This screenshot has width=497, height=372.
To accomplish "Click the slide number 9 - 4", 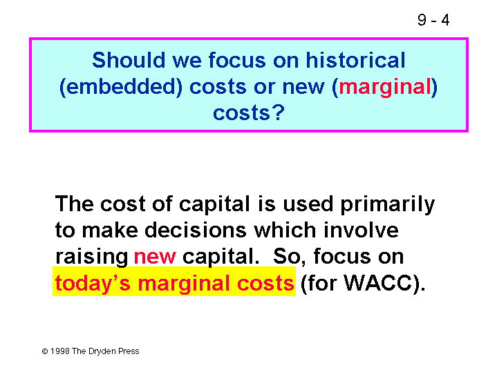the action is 433,20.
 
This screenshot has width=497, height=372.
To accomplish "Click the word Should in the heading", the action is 129,60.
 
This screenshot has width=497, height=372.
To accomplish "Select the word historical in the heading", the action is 355,60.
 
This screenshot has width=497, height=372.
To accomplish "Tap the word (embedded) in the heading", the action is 121,87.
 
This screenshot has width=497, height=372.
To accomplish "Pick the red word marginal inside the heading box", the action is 385,88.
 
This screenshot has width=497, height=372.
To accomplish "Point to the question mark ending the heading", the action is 279,112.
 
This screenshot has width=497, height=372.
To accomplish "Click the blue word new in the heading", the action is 303,88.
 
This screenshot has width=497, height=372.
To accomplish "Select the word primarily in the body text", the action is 387,205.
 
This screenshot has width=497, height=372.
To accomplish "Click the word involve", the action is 361,230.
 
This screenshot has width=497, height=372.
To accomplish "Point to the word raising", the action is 92,257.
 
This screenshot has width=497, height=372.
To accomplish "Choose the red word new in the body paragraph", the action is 155,257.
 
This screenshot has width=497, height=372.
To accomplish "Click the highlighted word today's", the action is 93,284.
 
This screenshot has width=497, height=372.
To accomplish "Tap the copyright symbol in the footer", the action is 45,351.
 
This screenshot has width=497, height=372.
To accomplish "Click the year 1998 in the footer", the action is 60,351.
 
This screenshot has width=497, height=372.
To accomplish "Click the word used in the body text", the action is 308,204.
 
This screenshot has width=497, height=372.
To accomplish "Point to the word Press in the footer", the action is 129,351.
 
